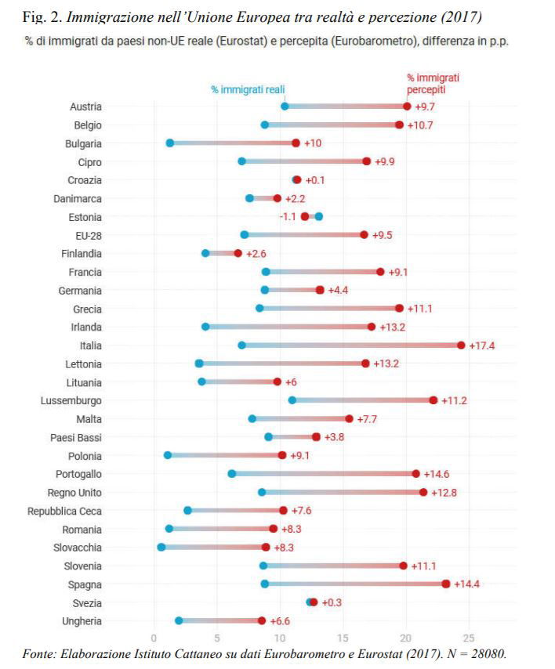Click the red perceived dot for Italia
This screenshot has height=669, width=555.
click(461, 345)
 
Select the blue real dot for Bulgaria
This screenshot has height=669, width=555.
click(170, 143)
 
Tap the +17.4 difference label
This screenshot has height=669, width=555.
click(481, 345)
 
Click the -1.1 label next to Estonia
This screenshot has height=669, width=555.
click(288, 217)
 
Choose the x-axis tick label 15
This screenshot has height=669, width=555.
click(343, 637)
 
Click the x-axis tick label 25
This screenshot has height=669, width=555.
click(469, 637)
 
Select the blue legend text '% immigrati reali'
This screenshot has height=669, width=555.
click(248, 90)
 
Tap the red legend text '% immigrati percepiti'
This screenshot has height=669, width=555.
click(433, 84)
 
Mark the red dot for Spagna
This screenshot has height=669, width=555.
click(446, 584)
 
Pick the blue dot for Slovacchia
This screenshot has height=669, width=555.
click(161, 548)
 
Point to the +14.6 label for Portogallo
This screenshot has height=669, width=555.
click(436, 474)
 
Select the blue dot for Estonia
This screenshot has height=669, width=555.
click(318, 216)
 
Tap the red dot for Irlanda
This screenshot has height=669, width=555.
click(372, 327)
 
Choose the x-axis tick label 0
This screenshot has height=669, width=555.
click(154, 637)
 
